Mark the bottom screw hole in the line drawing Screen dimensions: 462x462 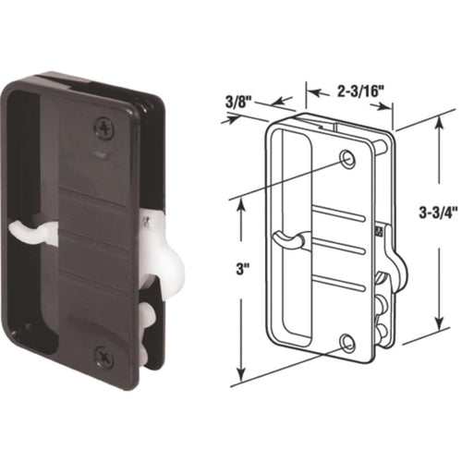346,344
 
